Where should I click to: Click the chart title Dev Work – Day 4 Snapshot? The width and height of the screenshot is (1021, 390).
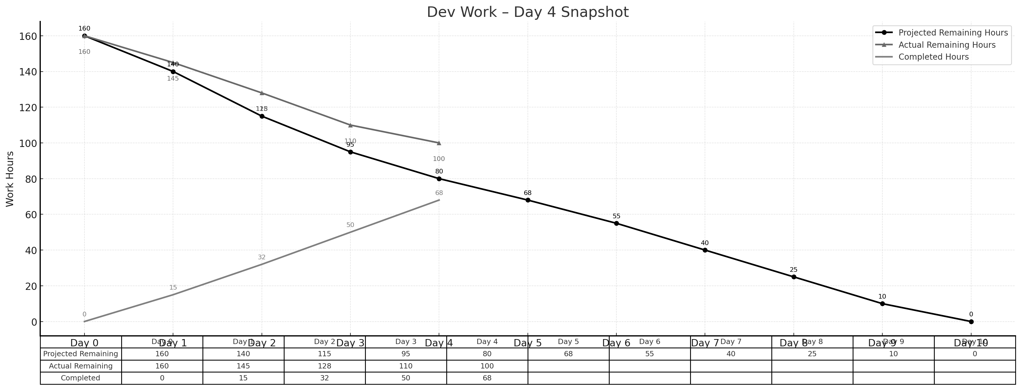click(x=528, y=12)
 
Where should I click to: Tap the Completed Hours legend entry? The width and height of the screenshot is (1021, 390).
click(x=933, y=57)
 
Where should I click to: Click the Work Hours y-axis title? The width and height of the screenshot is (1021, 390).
click(x=10, y=179)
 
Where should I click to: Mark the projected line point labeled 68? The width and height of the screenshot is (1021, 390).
click(x=528, y=200)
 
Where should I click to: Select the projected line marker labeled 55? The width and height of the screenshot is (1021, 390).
click(x=616, y=223)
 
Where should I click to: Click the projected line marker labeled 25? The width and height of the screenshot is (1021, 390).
click(x=794, y=277)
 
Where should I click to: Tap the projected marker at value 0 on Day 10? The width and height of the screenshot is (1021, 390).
click(x=971, y=322)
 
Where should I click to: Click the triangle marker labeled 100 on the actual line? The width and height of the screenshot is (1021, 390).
click(x=439, y=143)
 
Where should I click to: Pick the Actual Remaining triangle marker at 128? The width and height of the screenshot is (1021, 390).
click(x=262, y=93)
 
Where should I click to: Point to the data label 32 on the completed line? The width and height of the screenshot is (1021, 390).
click(x=262, y=257)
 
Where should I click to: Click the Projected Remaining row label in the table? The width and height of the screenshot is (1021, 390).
click(x=80, y=354)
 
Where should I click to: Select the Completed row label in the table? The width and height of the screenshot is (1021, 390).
click(x=80, y=378)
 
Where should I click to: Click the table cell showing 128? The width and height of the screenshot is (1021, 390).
click(x=325, y=366)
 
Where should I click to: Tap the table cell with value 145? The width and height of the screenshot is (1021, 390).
click(x=243, y=366)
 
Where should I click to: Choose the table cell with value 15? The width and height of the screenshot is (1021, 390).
click(x=243, y=378)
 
